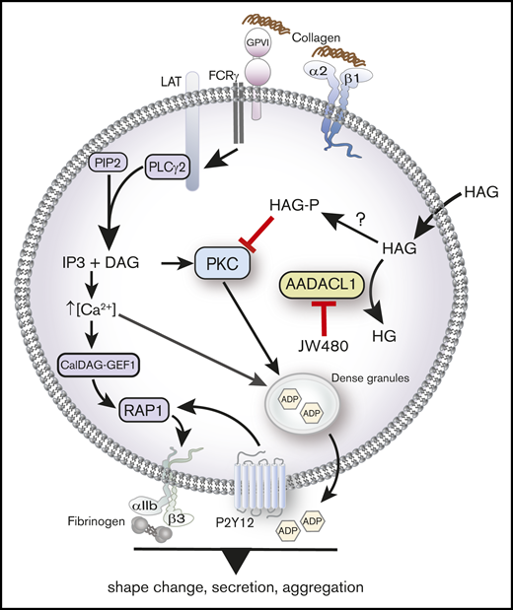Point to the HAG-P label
pyautogui.click(x=293, y=203)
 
